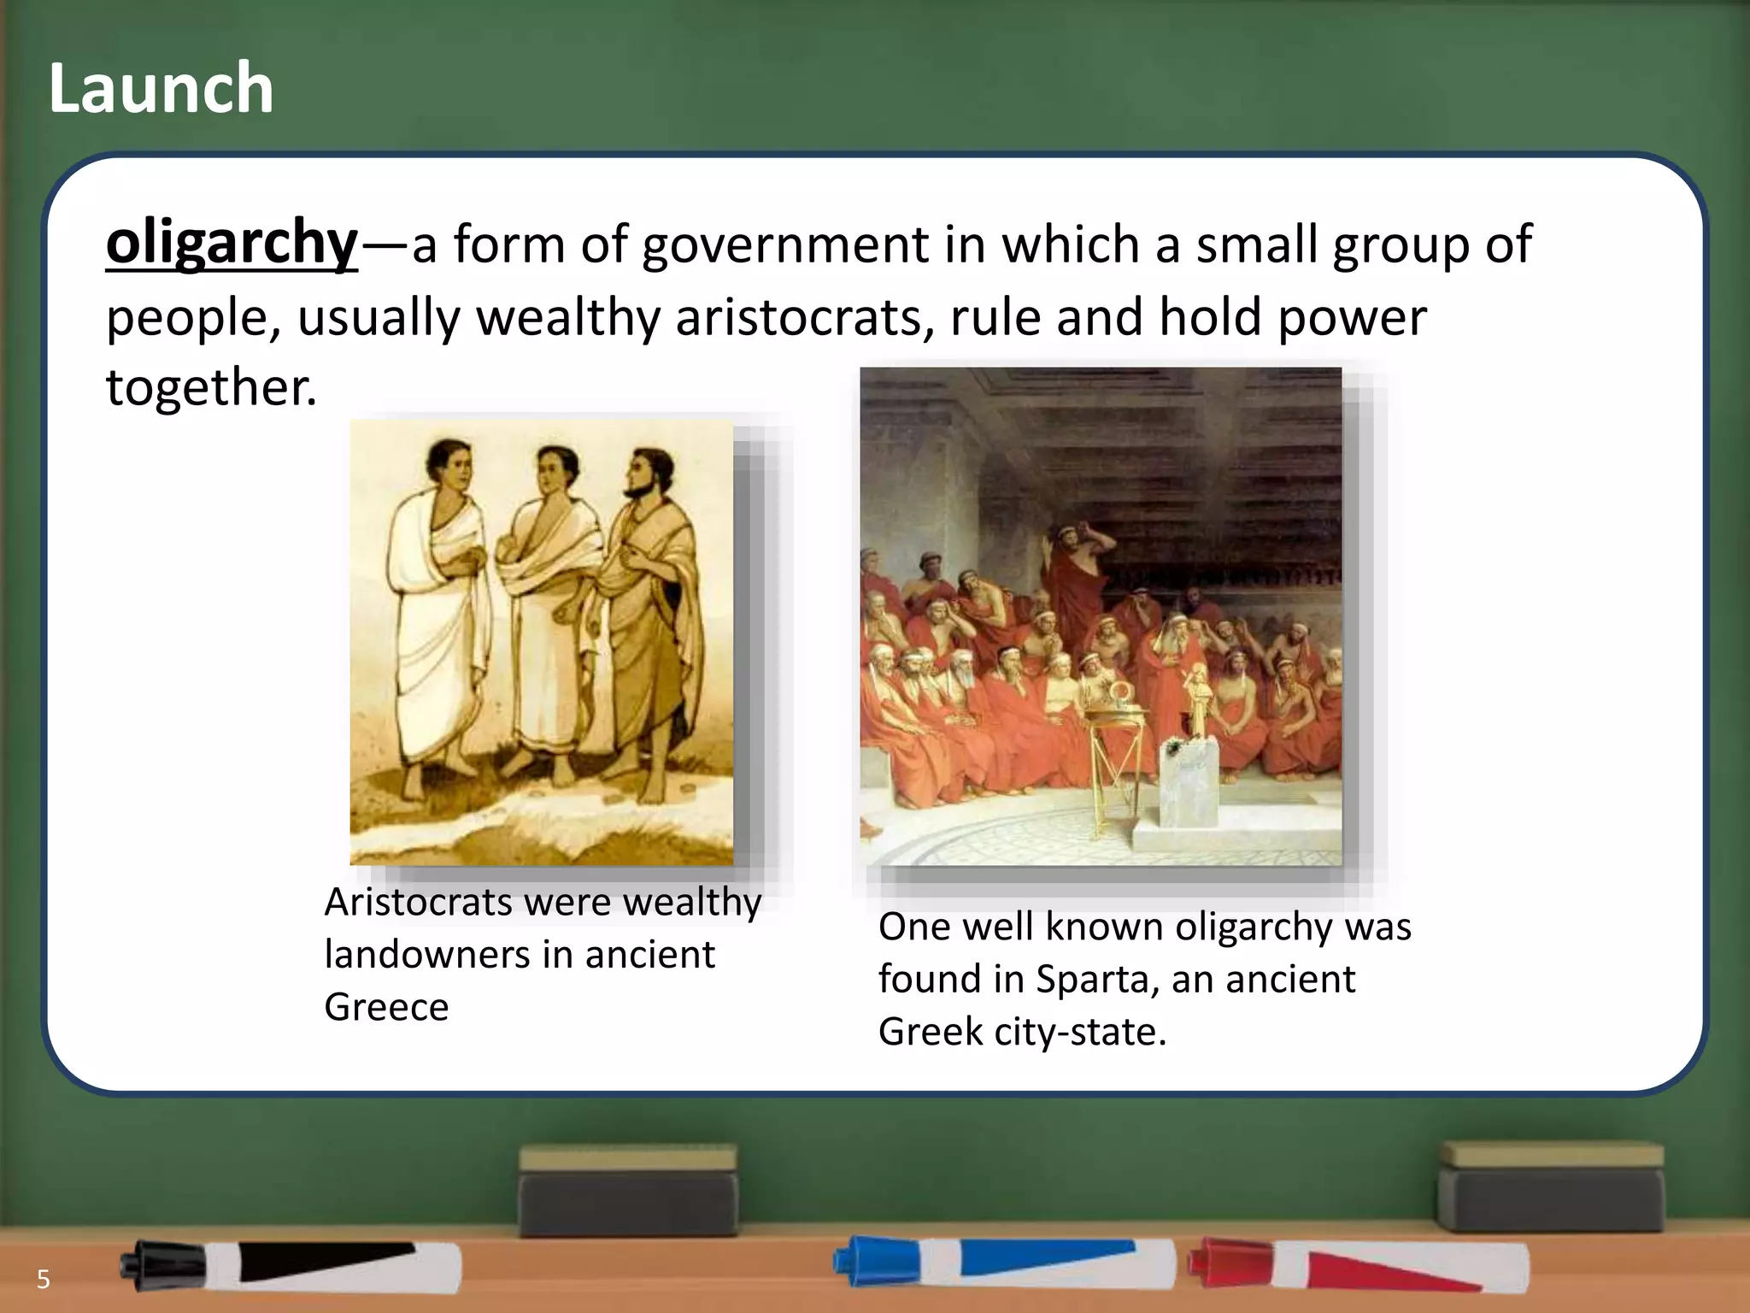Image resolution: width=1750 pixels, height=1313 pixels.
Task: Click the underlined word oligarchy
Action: tap(232, 243)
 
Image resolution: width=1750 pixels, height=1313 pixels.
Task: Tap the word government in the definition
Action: tap(784, 245)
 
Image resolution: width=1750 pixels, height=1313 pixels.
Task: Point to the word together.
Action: tap(211, 387)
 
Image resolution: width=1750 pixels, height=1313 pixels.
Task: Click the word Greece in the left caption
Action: tap(386, 1007)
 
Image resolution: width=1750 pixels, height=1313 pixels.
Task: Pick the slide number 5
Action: tap(43, 1280)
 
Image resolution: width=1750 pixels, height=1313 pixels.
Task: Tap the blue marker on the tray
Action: tap(1004, 1262)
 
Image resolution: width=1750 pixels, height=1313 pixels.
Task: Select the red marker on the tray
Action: tap(1359, 1265)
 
